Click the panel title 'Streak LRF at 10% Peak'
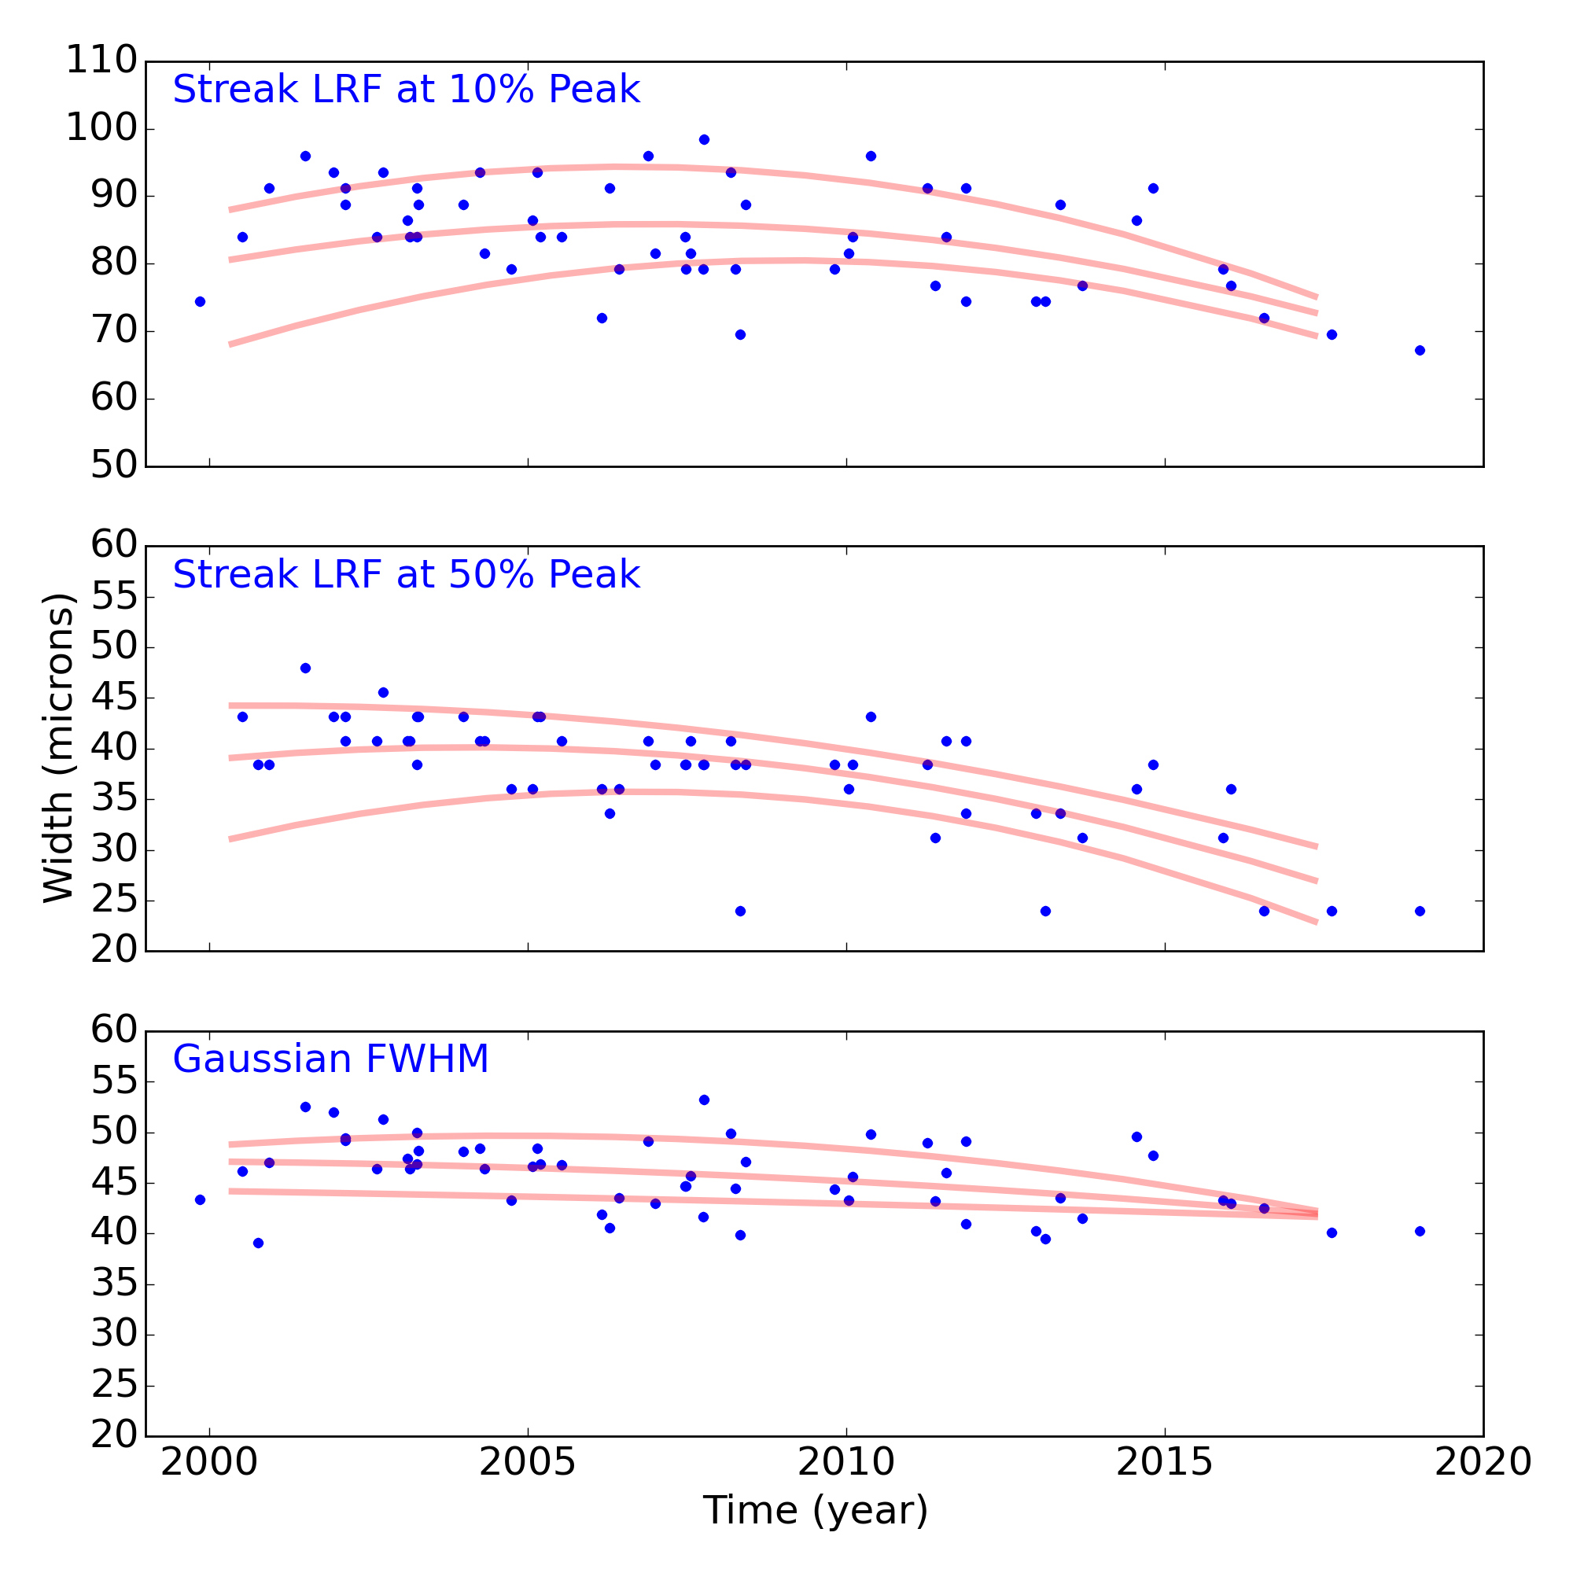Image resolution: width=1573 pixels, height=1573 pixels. [x=407, y=90]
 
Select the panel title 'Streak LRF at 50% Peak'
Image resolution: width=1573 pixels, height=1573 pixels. [x=407, y=575]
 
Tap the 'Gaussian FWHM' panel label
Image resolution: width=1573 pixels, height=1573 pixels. [x=330, y=1059]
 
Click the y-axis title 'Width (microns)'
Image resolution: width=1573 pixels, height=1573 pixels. [x=59, y=747]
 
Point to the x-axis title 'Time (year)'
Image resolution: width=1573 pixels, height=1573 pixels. [x=815, y=1511]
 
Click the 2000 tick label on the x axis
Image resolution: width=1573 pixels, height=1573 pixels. [x=209, y=1462]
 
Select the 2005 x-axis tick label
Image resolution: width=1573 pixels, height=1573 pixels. [x=528, y=1462]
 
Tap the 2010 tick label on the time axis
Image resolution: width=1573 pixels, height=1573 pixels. [x=846, y=1462]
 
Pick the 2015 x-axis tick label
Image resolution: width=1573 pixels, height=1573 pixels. [x=1164, y=1462]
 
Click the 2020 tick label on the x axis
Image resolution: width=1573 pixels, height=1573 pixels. [x=1483, y=1462]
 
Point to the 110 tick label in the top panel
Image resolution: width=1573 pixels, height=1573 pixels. [x=101, y=61]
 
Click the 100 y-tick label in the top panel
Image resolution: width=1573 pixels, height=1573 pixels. [x=101, y=129]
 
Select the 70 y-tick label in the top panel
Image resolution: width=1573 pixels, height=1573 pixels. [x=112, y=331]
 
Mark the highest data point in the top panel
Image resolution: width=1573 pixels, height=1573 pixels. [x=704, y=140]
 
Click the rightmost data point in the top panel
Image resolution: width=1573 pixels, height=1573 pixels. [x=1420, y=350]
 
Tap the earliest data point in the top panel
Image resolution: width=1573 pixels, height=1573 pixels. [x=201, y=302]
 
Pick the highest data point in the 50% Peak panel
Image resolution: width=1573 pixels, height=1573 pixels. [x=305, y=669]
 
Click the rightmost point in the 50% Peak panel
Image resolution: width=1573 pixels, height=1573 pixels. [x=1420, y=911]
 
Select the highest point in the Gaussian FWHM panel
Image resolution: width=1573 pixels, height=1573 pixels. [x=704, y=1100]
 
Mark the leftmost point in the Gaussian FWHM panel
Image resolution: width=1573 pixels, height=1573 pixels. [x=201, y=1199]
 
